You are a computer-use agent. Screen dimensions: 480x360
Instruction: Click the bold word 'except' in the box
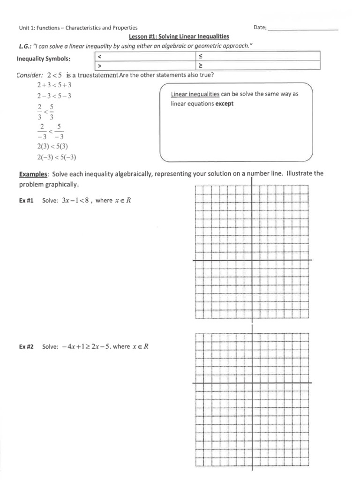pyautogui.click(x=224, y=104)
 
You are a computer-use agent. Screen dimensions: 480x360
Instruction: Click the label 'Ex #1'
pyautogui.click(x=26, y=201)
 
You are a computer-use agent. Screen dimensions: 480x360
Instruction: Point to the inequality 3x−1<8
pyautogui.click(x=76, y=201)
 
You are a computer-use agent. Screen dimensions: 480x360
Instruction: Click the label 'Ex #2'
pyautogui.click(x=26, y=347)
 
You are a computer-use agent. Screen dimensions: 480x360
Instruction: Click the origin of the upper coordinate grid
pyautogui.click(x=252, y=260)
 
